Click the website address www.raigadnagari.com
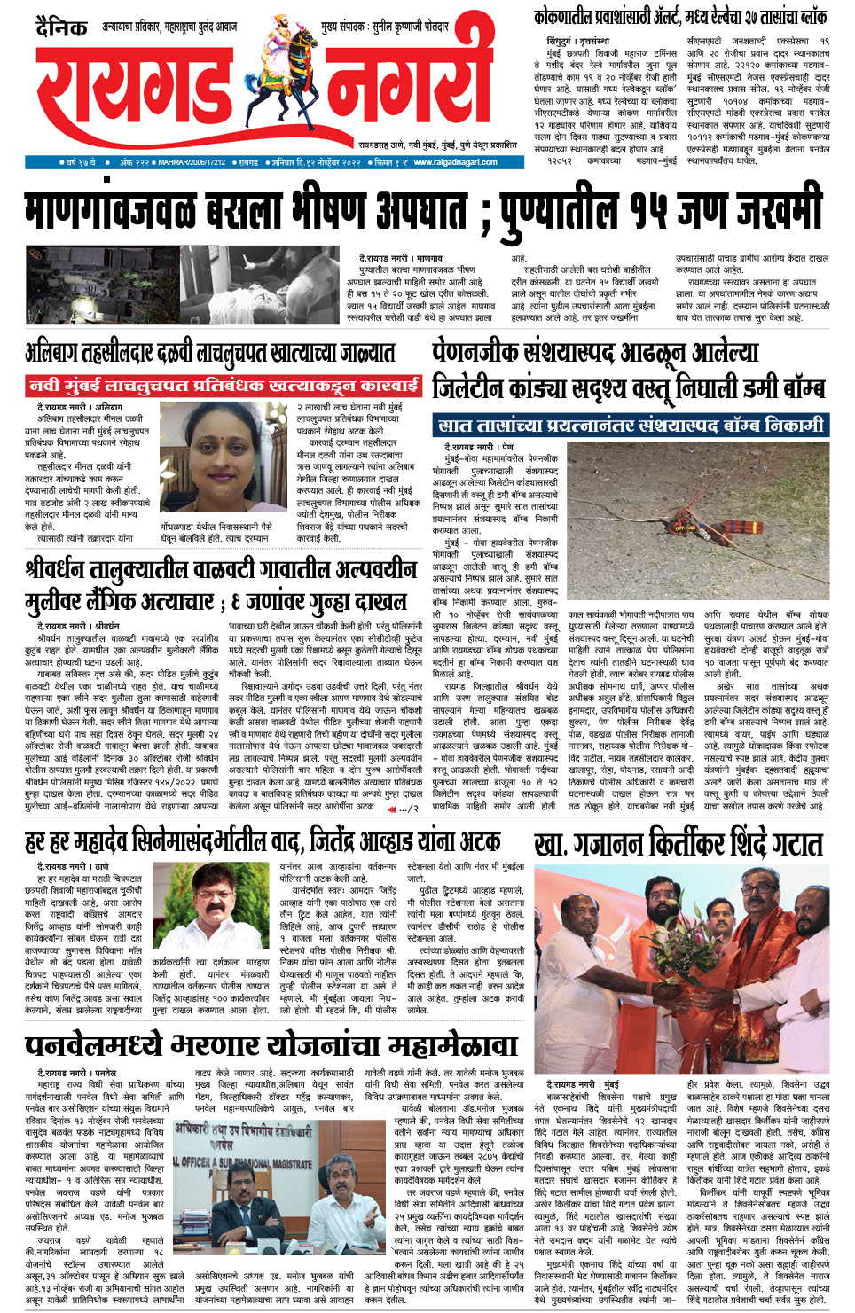(455, 162)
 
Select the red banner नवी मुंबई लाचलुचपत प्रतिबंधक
(224, 386)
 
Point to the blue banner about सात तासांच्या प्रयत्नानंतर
(631, 426)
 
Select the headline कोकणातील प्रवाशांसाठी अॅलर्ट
(680, 17)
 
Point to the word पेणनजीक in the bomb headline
(486, 352)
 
